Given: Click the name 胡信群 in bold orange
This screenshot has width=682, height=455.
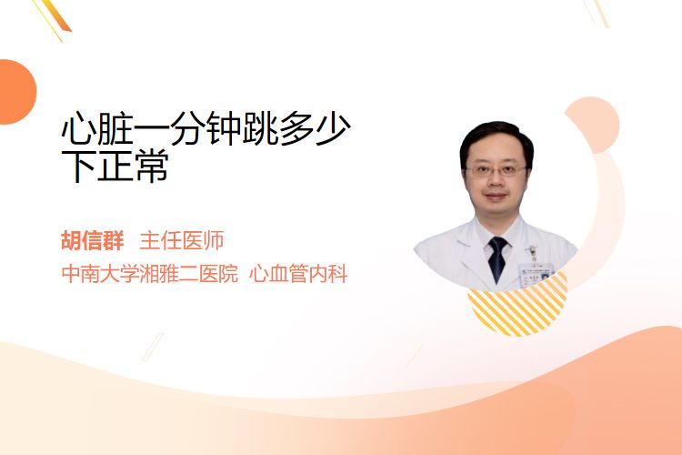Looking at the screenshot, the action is [92, 240].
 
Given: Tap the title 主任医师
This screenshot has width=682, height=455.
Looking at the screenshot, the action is [181, 240].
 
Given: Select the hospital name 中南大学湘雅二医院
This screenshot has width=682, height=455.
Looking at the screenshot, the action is [150, 274].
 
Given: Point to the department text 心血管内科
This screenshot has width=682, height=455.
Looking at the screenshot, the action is [299, 274].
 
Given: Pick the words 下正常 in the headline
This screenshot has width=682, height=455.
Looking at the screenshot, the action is [115, 166].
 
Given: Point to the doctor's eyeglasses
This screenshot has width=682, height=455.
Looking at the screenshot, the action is [496, 171].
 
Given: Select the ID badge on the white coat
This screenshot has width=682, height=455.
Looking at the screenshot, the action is [537, 271].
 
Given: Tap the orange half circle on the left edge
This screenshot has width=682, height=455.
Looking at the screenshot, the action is [17, 92].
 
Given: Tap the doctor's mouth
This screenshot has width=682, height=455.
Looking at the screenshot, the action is [496, 197].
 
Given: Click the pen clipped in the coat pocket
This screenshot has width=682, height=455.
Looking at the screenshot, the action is [532, 253].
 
